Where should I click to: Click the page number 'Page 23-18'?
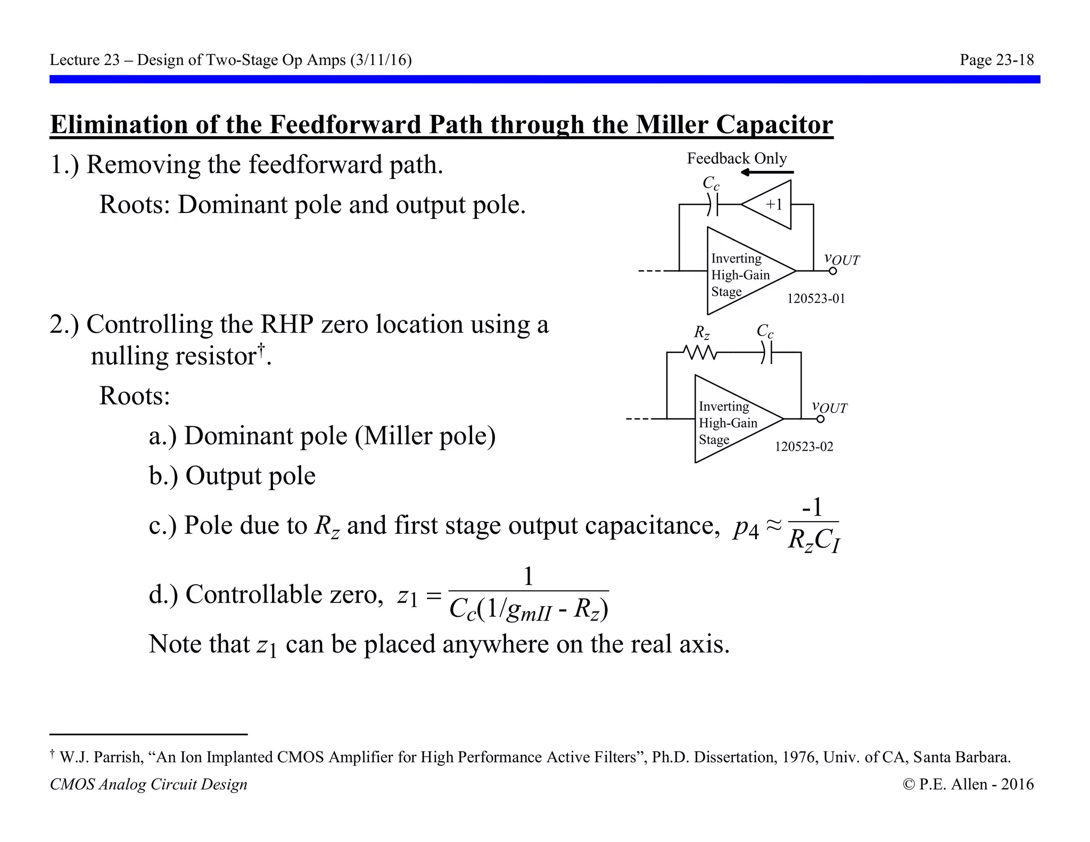[x=996, y=60]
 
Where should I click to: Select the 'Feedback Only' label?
[x=737, y=158]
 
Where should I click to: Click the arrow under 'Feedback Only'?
[x=766, y=172]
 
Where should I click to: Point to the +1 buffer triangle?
[x=770, y=204]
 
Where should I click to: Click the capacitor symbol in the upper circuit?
[x=713, y=204]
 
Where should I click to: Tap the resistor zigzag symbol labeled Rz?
[x=700, y=352]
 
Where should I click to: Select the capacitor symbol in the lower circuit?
[x=766, y=352]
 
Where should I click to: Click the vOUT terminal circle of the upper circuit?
[x=833, y=271]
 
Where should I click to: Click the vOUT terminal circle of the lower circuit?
[x=820, y=419]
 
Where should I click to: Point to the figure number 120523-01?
[x=816, y=299]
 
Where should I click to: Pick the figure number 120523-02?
[x=804, y=447]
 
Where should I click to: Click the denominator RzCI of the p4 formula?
[x=813, y=540]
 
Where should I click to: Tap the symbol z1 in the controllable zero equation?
[x=408, y=596]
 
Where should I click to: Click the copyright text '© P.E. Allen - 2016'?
[x=968, y=784]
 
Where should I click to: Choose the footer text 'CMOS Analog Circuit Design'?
[x=148, y=784]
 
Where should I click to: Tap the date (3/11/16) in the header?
[x=381, y=60]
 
